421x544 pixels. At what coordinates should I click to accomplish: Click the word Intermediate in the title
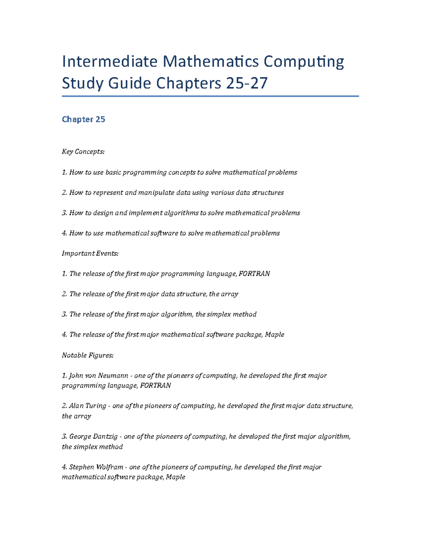tap(109, 62)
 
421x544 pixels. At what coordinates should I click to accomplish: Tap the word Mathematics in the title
tap(210, 62)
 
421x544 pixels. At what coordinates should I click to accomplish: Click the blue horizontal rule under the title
tap(210, 96)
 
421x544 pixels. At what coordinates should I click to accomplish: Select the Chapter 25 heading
tap(83, 119)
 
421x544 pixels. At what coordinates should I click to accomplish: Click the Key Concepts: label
tap(83, 152)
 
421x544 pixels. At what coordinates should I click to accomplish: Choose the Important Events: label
tap(90, 254)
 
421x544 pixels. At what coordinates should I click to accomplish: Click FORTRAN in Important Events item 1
tap(254, 274)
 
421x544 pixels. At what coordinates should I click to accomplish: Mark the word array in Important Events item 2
tap(229, 294)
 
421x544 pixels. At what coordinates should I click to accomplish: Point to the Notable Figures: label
tap(88, 355)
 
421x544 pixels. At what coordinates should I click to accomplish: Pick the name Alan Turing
tap(87, 406)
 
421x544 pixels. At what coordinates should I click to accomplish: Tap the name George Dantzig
tap(93, 436)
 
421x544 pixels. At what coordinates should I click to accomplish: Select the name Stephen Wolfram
tap(96, 467)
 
